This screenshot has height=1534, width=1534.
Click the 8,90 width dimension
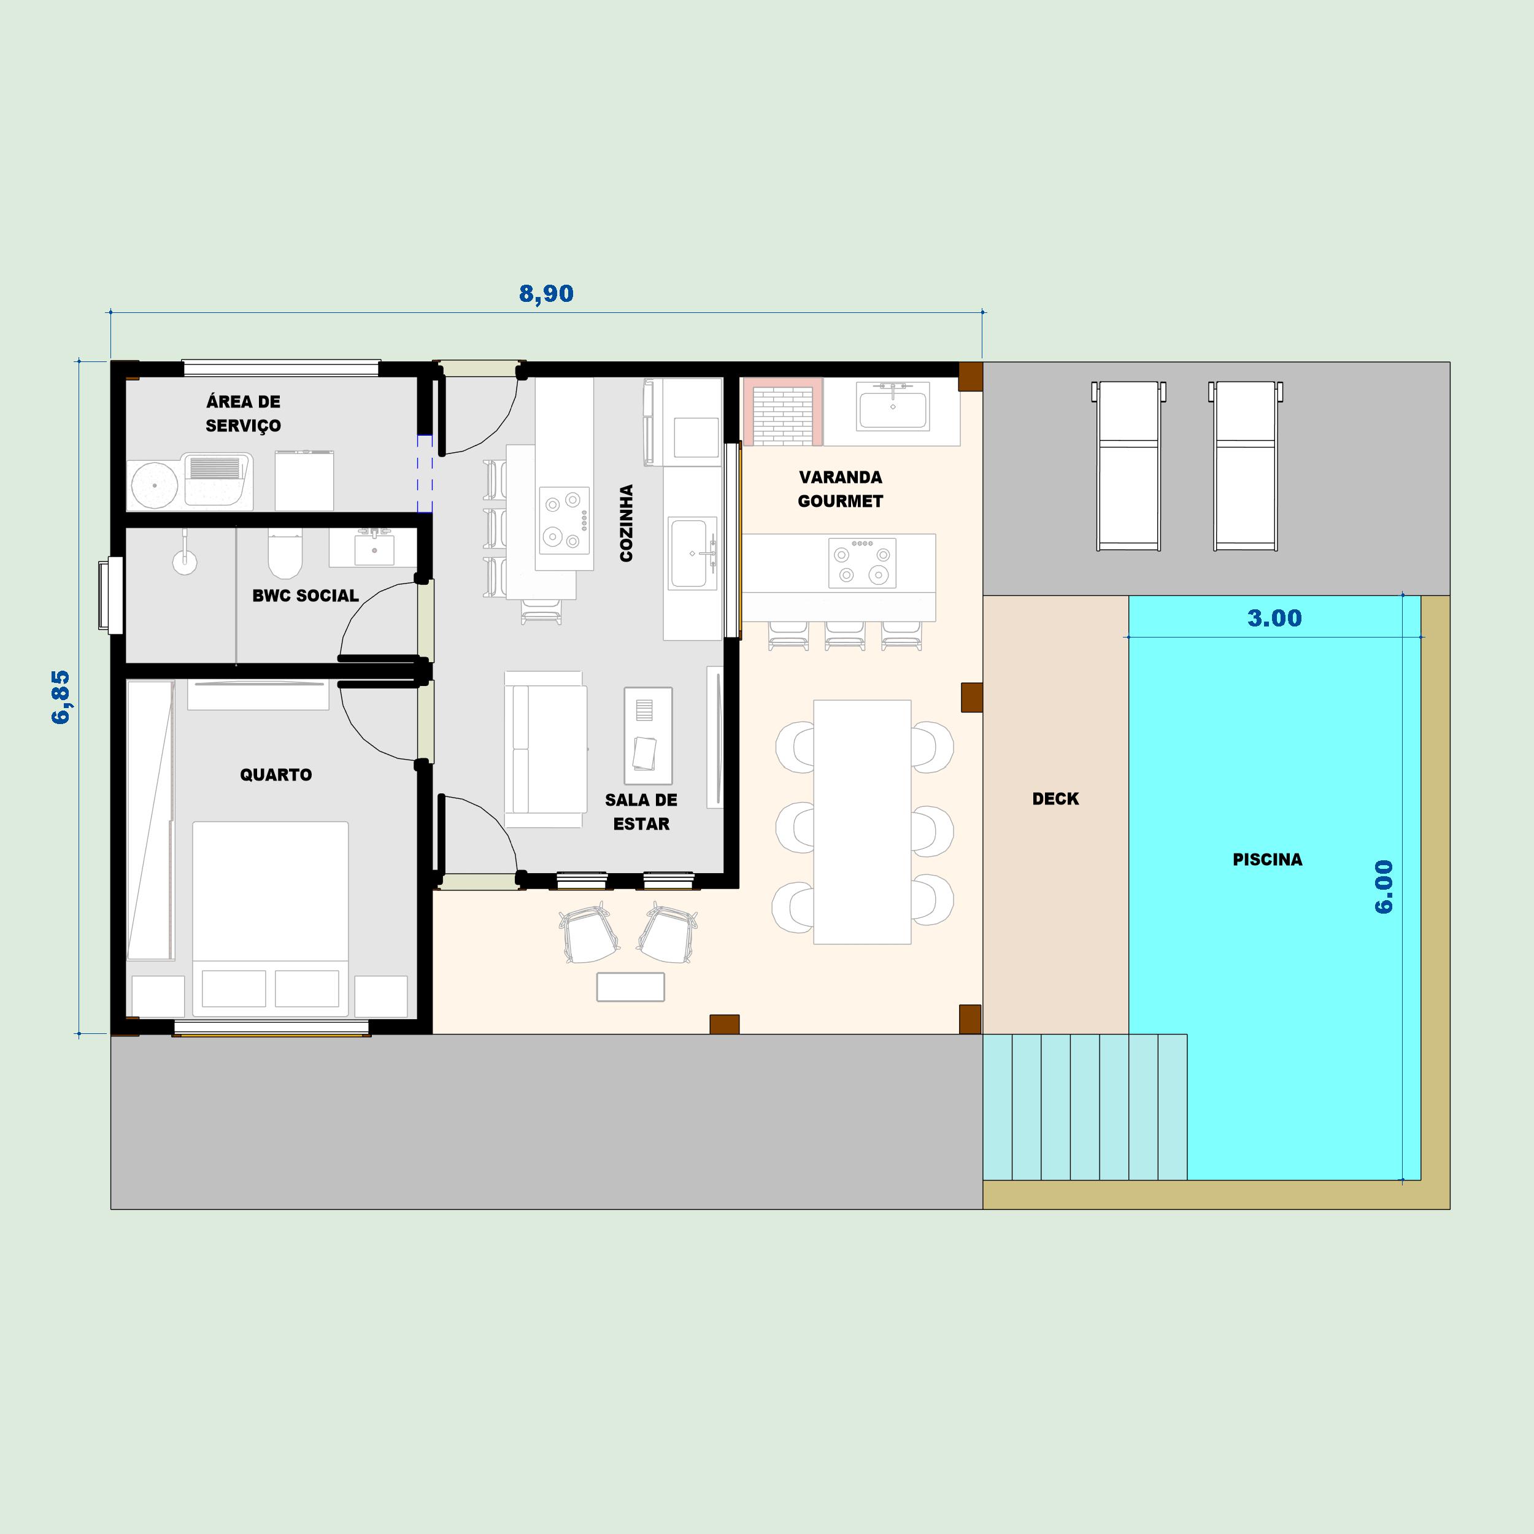pyautogui.click(x=546, y=294)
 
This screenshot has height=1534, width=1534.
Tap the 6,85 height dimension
pyautogui.click(x=61, y=697)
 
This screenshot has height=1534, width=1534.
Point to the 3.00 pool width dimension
pyautogui.click(x=1274, y=618)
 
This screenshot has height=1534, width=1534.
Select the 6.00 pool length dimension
pyautogui.click(x=1384, y=887)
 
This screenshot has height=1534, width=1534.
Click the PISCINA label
pyautogui.click(x=1267, y=859)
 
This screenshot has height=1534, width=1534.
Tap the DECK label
pyautogui.click(x=1055, y=799)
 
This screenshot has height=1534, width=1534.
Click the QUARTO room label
pyautogui.click(x=276, y=774)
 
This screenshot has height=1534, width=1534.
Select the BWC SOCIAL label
pyautogui.click(x=305, y=595)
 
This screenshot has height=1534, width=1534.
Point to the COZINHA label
pyautogui.click(x=626, y=523)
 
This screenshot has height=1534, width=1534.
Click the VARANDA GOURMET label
pyautogui.click(x=840, y=489)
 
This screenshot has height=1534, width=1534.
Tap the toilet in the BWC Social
pyautogui.click(x=285, y=553)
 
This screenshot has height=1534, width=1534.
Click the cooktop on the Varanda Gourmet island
pyautogui.click(x=861, y=563)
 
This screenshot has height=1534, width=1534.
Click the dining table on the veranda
pyautogui.click(x=862, y=822)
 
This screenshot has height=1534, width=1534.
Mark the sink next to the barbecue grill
pyautogui.click(x=892, y=408)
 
